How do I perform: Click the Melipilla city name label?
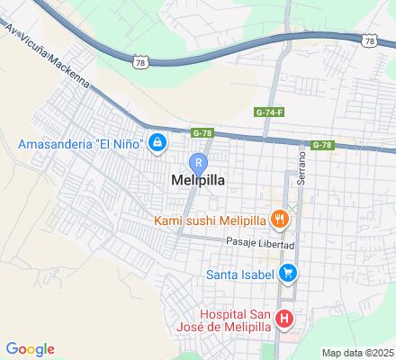[197, 180]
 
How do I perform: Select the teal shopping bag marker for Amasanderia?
[158, 143]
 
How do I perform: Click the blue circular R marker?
[199, 162]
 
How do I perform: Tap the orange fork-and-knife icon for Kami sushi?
[281, 219]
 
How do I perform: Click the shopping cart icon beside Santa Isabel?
[287, 272]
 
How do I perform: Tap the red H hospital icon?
[284, 318]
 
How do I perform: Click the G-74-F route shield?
[267, 112]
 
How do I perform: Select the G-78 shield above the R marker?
[202, 132]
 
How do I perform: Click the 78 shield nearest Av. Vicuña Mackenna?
[139, 61]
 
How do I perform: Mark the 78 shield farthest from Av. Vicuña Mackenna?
[369, 40]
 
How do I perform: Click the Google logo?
[30, 349]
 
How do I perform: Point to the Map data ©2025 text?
[358, 352]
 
